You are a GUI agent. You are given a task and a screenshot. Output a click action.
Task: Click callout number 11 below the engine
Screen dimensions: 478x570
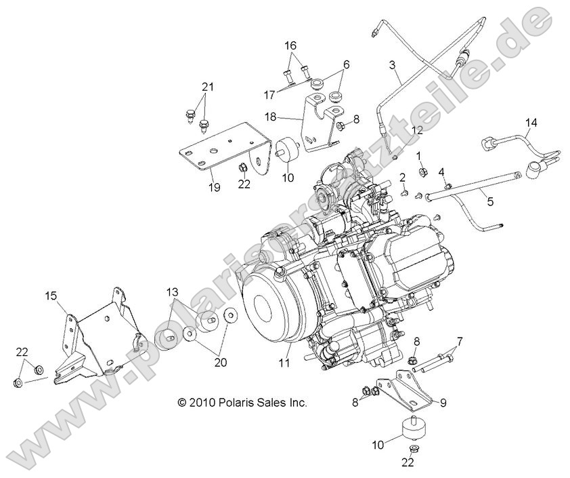[285, 363]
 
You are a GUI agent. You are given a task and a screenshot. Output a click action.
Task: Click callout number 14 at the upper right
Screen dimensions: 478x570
[531, 123]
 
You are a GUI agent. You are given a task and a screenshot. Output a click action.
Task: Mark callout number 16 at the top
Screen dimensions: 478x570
[290, 45]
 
